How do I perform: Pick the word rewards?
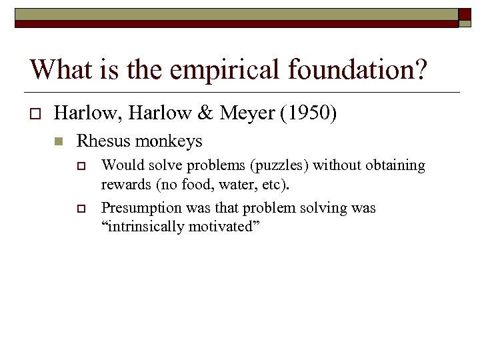(124, 183)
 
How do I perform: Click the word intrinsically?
(145, 227)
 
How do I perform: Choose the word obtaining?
(395, 165)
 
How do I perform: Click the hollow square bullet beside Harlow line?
(37, 115)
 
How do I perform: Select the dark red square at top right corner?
(465, 16)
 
